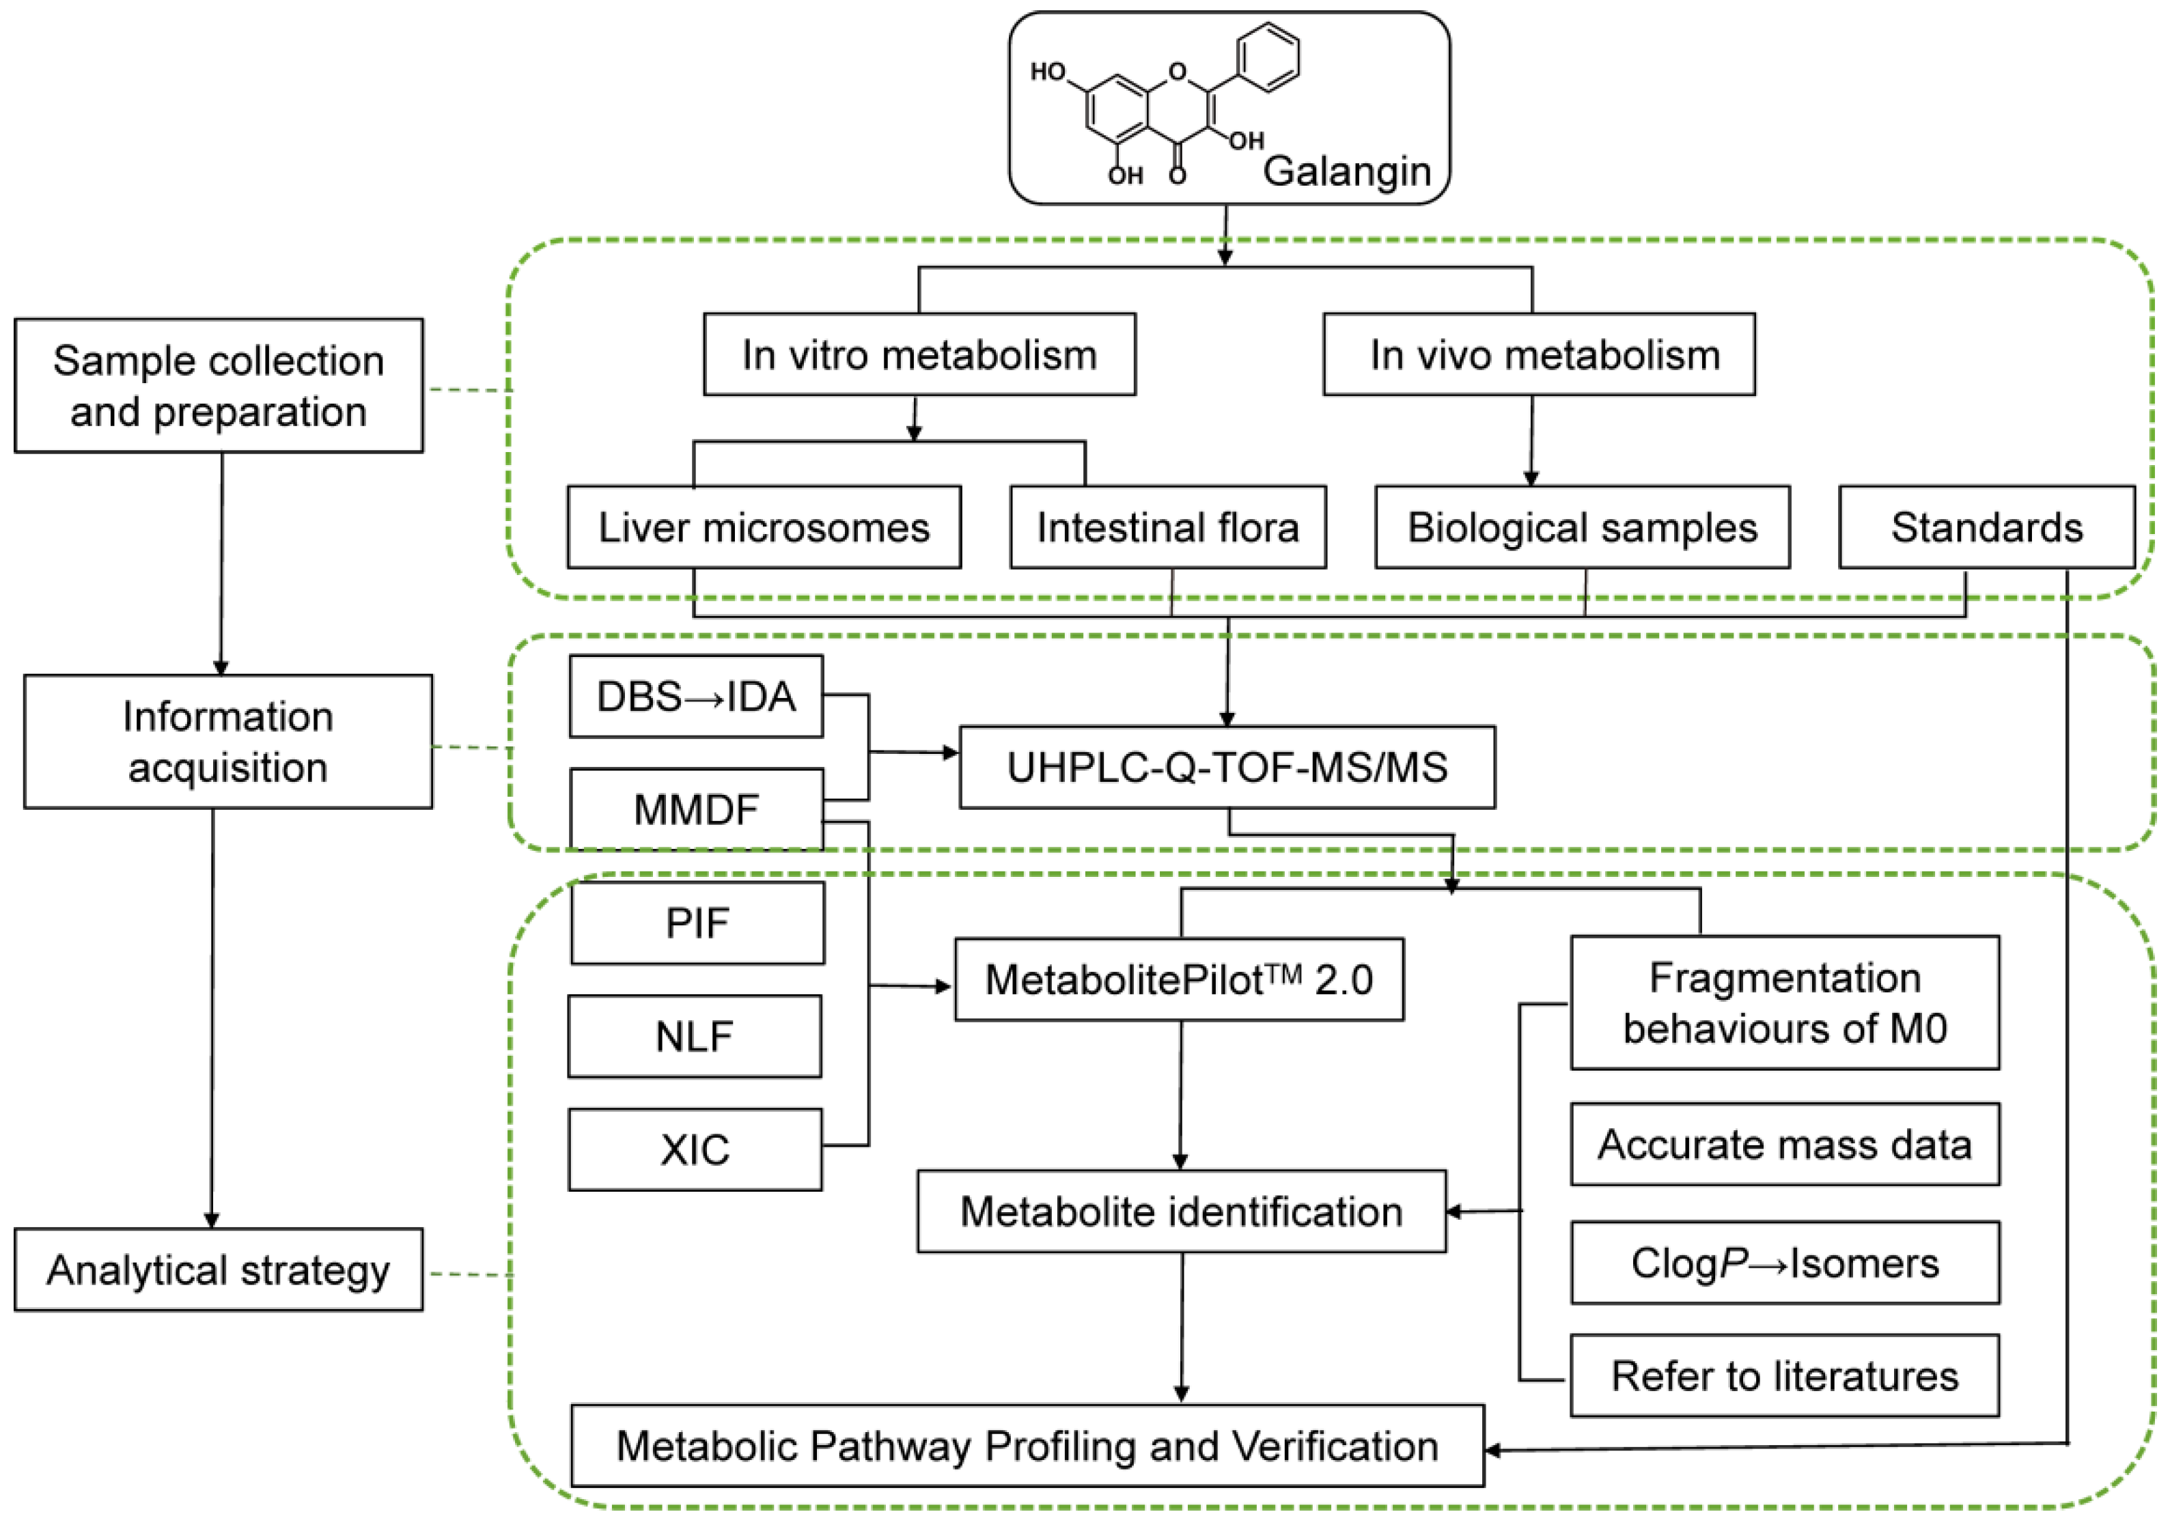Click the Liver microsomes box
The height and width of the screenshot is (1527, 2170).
click(764, 527)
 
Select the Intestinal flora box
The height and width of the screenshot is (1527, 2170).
click(1167, 527)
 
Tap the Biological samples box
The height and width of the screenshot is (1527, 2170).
click(1581, 527)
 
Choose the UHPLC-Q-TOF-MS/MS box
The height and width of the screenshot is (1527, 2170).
click(1227, 768)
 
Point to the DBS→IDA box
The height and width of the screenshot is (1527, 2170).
click(695, 697)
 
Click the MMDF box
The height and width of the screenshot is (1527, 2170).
click(695, 809)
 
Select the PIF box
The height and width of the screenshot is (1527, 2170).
click(697, 923)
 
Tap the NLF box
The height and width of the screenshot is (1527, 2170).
click(695, 1037)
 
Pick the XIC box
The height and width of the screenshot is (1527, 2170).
click(695, 1150)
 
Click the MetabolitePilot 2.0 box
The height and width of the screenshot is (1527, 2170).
click(1178, 980)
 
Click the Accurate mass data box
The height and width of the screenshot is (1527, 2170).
click(1784, 1145)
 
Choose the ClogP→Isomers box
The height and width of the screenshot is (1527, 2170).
click(1784, 1263)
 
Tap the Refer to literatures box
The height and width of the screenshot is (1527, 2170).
click(1784, 1376)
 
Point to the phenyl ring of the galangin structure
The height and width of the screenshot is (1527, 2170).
click(1268, 57)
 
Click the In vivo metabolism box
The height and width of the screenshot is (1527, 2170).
click(1539, 354)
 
